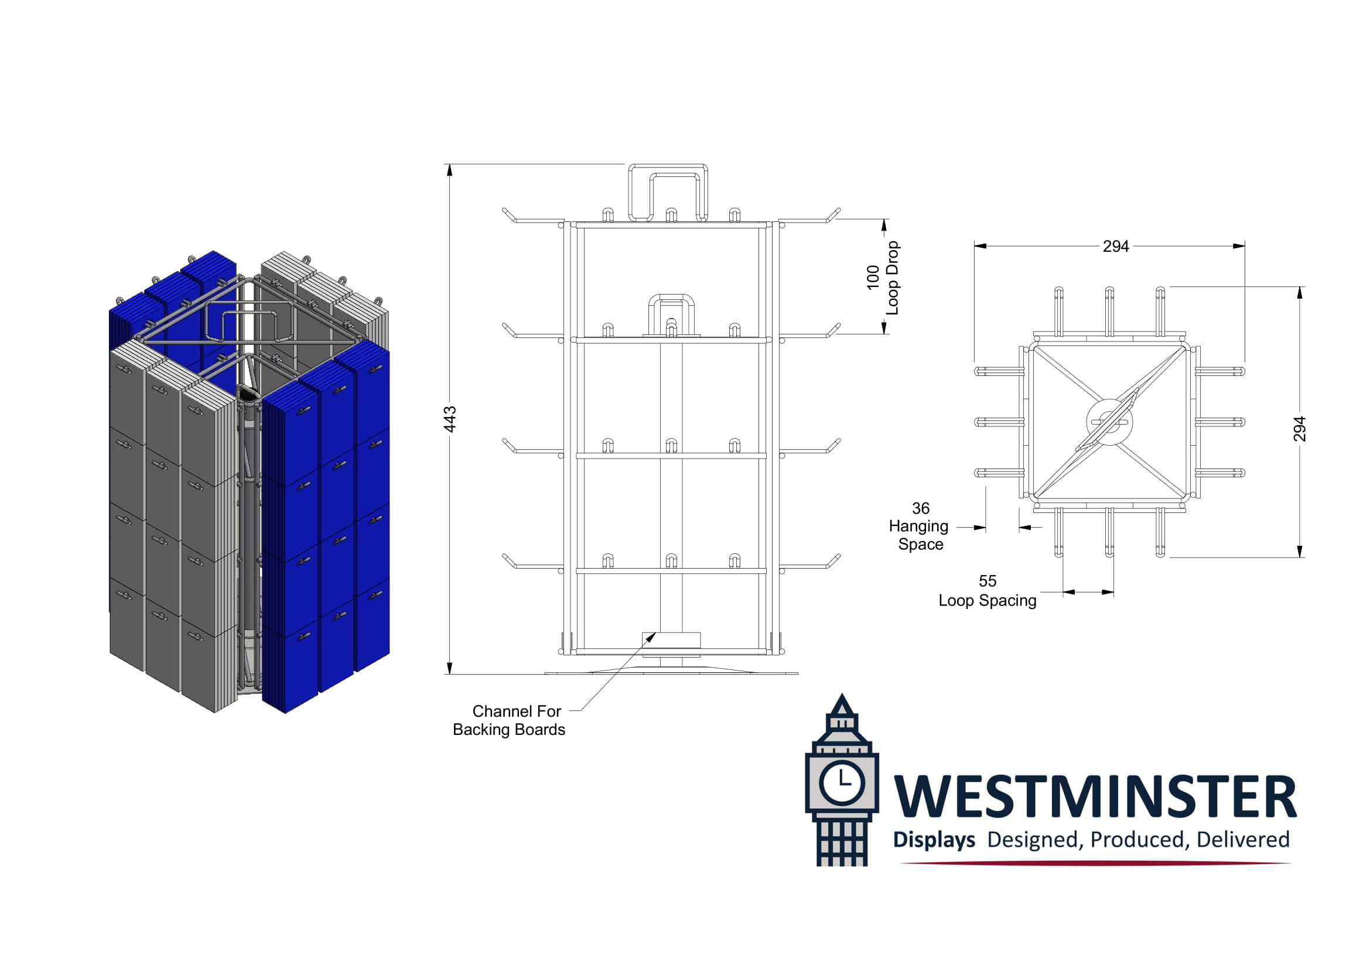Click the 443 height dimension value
click(450, 419)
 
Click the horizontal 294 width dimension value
click(1115, 247)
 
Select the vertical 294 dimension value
click(1300, 429)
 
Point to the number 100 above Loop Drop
click(873, 278)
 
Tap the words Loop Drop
click(892, 278)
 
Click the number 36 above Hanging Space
click(921, 508)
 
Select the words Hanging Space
click(919, 536)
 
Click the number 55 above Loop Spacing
click(988, 581)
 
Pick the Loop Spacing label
click(988, 600)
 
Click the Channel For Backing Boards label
click(509, 720)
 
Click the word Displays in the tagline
click(934, 840)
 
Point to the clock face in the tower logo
click(841, 782)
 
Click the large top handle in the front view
click(668, 192)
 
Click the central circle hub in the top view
click(1109, 422)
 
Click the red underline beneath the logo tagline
click(1095, 863)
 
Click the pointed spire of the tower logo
click(842, 704)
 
